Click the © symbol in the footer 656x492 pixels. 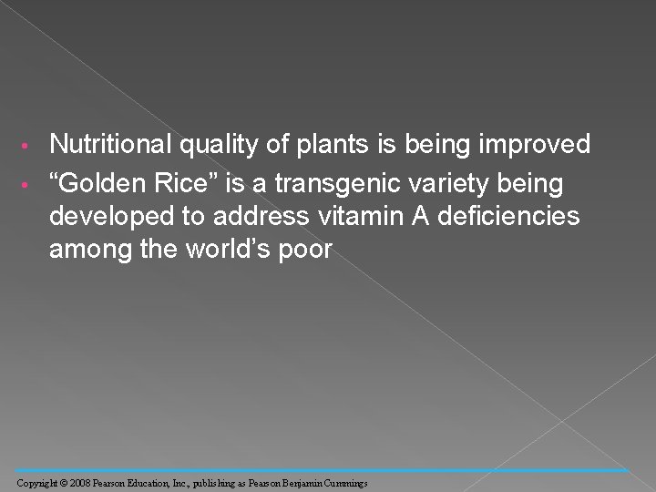click(x=65, y=481)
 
